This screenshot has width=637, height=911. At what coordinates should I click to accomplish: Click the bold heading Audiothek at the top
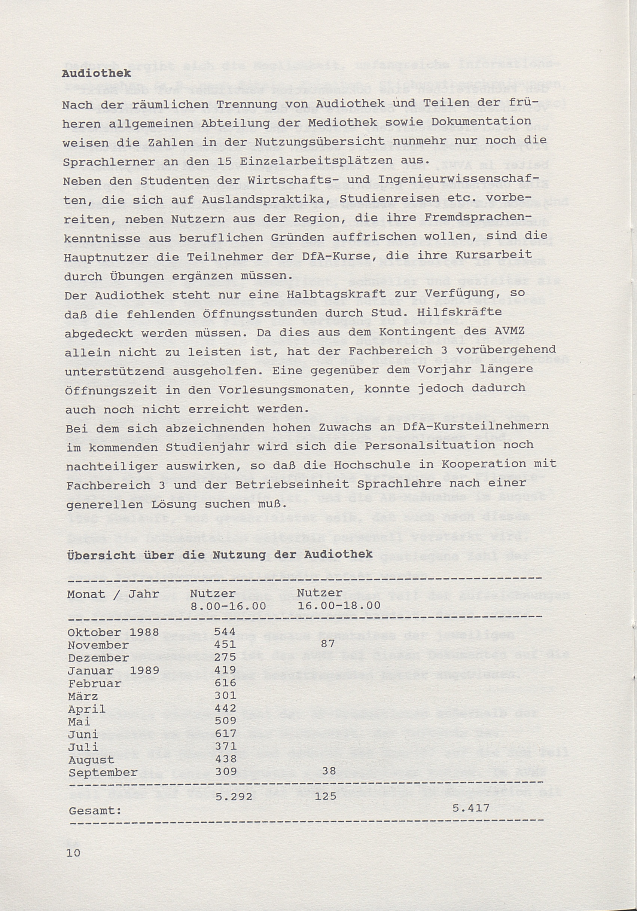click(x=97, y=74)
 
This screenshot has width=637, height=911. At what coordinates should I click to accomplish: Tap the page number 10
click(x=74, y=852)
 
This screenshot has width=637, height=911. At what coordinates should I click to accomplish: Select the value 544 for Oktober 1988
click(x=225, y=632)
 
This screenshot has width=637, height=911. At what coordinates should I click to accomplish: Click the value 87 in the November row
click(x=327, y=644)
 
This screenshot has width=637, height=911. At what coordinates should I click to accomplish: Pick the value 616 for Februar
click(x=225, y=683)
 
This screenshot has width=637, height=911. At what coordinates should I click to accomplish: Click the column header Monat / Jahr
click(x=113, y=594)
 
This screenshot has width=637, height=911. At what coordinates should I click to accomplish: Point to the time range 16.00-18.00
click(x=339, y=605)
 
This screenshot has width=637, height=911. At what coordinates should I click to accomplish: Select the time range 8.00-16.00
click(x=228, y=606)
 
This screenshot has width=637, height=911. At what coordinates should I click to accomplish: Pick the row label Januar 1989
click(x=113, y=670)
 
